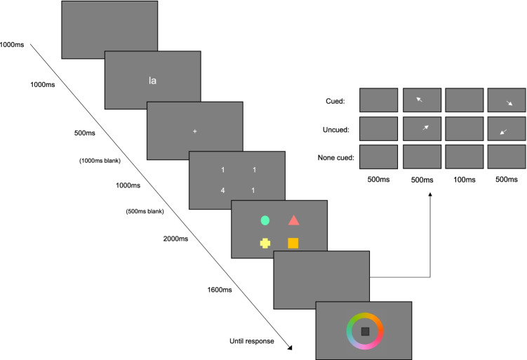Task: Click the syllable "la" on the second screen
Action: tap(152, 80)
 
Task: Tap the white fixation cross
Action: tap(195, 131)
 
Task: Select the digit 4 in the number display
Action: tap(222, 190)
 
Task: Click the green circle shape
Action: tap(265, 220)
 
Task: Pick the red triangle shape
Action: tap(293, 220)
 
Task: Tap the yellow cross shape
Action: tap(265, 243)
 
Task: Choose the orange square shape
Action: tap(293, 243)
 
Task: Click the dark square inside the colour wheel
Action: tap(364, 331)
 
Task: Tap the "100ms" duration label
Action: tap(464, 179)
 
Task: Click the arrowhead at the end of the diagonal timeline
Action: tap(289, 346)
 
